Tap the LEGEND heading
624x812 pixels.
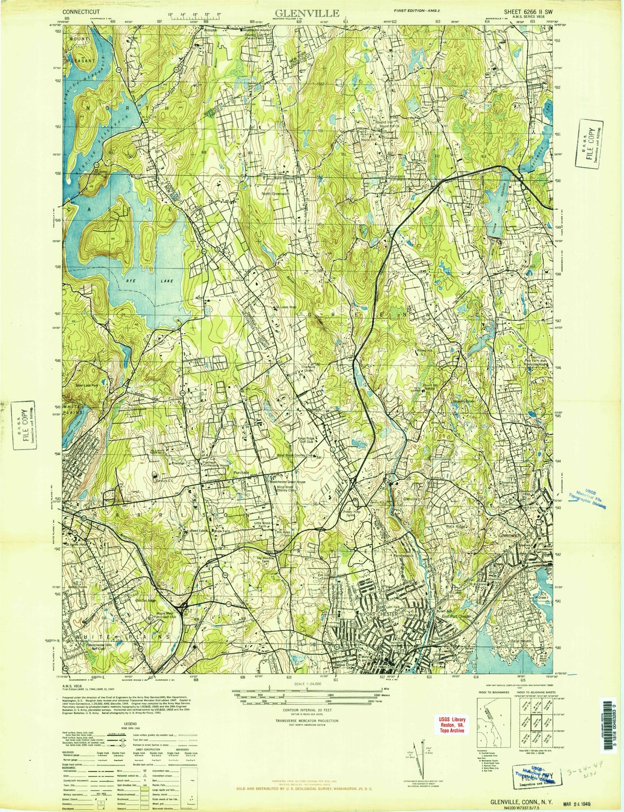[x=130, y=723]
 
